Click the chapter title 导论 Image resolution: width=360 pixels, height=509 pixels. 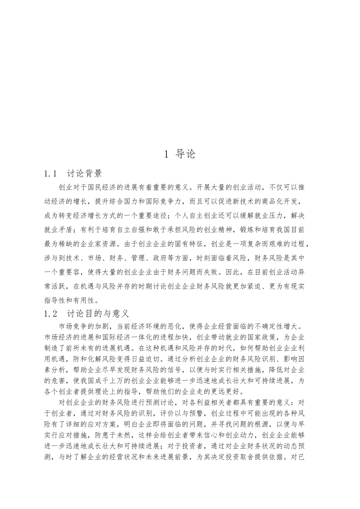click(186, 154)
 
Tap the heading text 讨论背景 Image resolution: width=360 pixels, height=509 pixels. click(85, 174)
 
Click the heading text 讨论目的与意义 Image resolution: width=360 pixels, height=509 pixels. click(98, 314)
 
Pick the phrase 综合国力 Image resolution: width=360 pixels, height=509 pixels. click(125, 201)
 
